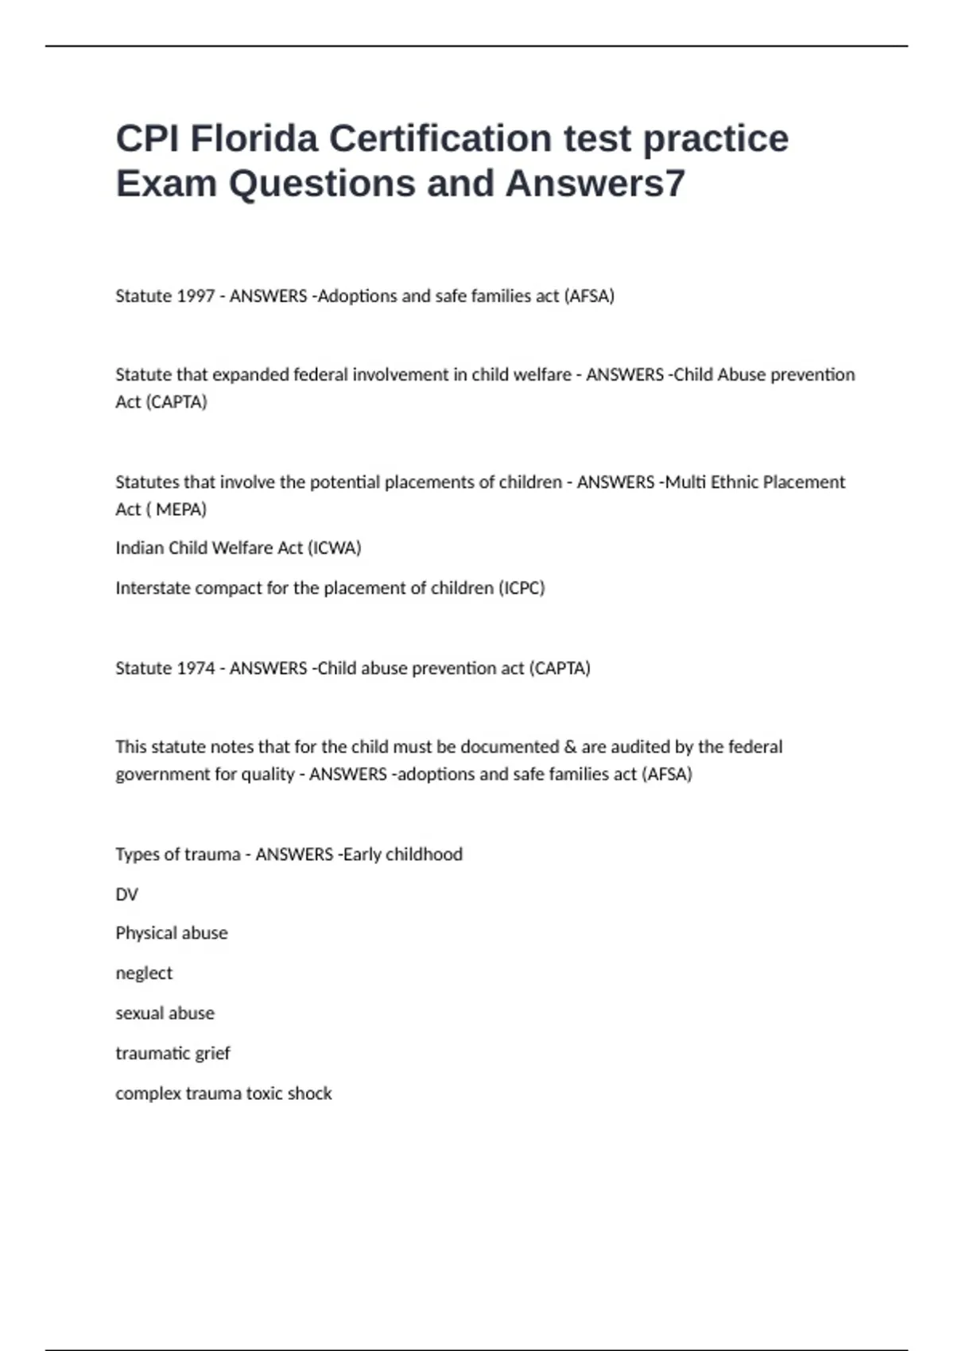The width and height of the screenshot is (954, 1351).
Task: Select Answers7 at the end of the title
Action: pos(595,184)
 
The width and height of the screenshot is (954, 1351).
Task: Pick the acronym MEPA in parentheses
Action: pos(180,509)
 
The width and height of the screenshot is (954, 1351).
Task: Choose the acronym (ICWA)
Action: pos(334,548)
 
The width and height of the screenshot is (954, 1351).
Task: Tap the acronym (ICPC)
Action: pos(522,588)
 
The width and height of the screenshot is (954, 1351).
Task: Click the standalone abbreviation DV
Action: pos(126,895)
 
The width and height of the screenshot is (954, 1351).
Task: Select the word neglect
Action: pos(144,974)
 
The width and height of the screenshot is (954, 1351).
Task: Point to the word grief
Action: pos(211,1054)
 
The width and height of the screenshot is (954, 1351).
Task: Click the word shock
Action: pos(310,1094)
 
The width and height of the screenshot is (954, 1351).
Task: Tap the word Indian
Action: pos(139,548)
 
